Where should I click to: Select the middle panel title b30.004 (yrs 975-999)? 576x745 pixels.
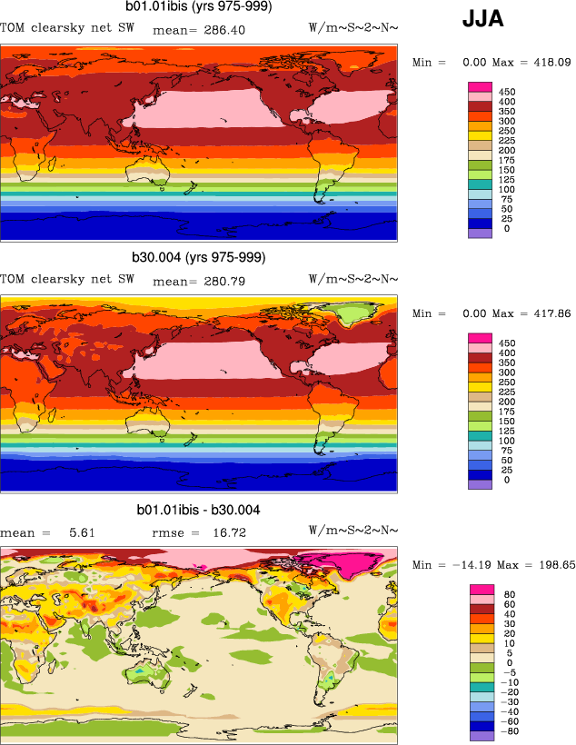coord(200,257)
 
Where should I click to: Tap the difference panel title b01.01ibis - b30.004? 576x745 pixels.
coord(199,510)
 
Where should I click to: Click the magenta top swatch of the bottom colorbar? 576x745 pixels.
coord(481,590)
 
